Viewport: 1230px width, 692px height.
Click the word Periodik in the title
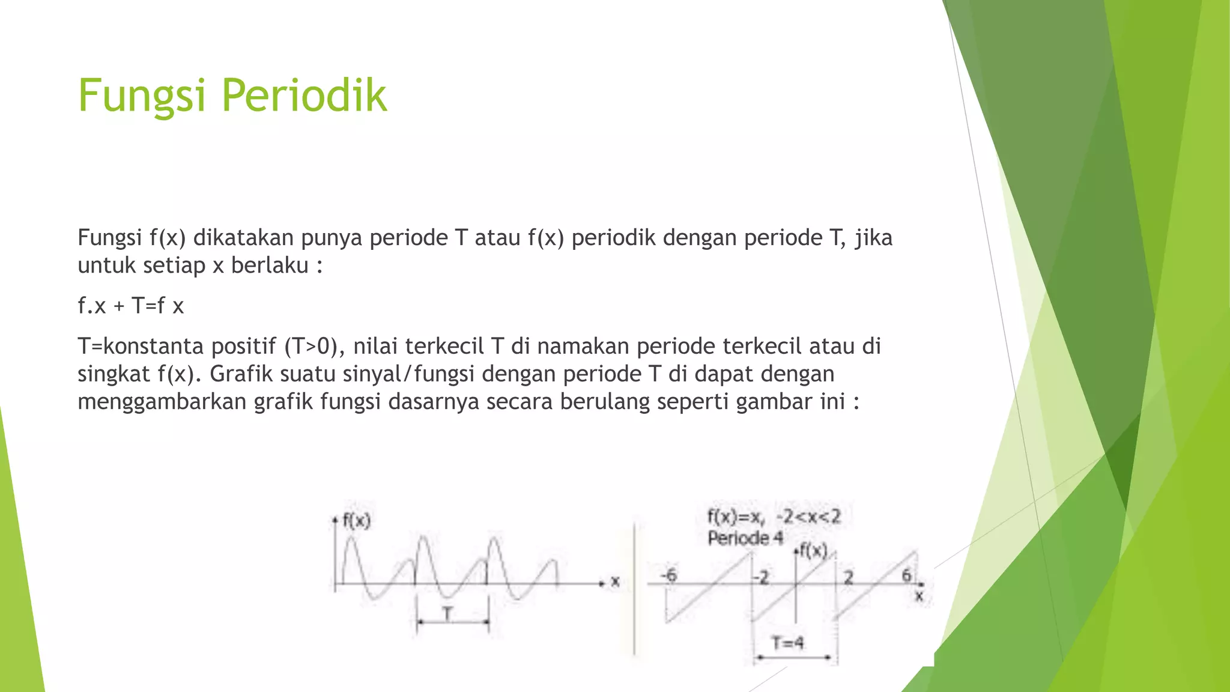pos(304,96)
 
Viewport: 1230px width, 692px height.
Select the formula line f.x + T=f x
pos(130,306)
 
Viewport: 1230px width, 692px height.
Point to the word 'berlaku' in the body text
pos(270,265)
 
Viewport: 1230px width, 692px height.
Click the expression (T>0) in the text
pos(312,347)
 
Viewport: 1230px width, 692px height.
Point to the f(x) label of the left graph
pos(357,520)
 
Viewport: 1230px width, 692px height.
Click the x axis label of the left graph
pos(615,581)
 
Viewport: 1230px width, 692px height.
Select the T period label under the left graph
pos(447,614)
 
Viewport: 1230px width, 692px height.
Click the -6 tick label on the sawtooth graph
pos(668,575)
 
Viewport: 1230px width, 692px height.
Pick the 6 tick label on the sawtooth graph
pos(906,575)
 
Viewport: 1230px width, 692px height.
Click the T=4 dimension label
pos(787,643)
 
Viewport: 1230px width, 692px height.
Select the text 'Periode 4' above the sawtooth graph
pos(745,538)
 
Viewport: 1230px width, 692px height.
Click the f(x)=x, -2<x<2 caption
pos(774,517)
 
